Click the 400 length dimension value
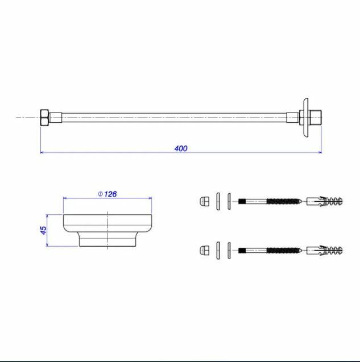181,148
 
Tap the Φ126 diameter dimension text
107,194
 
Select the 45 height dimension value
43,230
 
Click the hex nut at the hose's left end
44,118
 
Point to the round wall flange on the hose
306,118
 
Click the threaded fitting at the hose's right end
316,118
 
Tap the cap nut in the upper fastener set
204,201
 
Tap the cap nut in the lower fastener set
204,250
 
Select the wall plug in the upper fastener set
324,201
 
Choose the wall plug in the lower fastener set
324,251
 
